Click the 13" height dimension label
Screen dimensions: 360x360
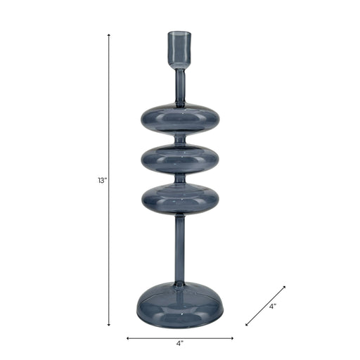(x=102, y=181)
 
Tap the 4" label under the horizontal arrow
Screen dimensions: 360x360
(x=180, y=344)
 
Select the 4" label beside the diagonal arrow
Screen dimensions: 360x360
(x=273, y=306)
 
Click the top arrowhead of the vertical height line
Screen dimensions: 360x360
(x=109, y=35)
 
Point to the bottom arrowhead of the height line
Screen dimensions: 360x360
(x=109, y=324)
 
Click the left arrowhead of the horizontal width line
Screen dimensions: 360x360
(x=128, y=338)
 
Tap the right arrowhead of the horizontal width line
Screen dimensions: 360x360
(x=232, y=338)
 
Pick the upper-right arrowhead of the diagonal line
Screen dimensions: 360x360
(x=284, y=287)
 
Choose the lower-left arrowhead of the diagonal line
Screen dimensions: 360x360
(x=247, y=324)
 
